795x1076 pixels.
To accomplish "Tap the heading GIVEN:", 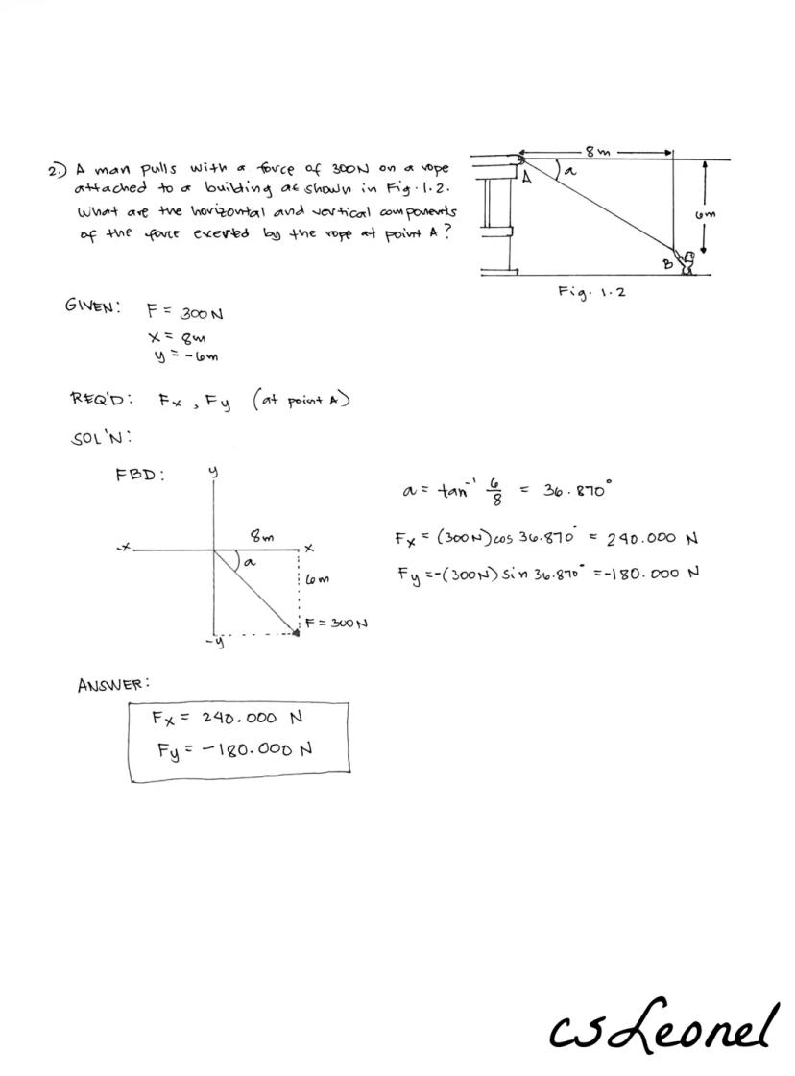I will (x=92, y=306).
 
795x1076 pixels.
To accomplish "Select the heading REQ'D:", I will (x=101, y=399).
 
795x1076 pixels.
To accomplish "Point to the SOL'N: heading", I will (x=101, y=438).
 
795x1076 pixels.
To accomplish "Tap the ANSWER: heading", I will (x=113, y=684).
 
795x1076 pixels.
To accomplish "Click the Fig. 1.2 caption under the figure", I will (x=590, y=290).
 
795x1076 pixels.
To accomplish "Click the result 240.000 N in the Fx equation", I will (x=651, y=538).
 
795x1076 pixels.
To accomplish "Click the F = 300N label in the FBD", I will (x=337, y=623).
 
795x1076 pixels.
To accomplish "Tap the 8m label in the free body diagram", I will (x=260, y=536).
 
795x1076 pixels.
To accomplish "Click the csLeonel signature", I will (x=662, y=1025).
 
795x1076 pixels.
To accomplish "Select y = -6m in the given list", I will (x=182, y=356).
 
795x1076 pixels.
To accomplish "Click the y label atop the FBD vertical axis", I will (x=213, y=472).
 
